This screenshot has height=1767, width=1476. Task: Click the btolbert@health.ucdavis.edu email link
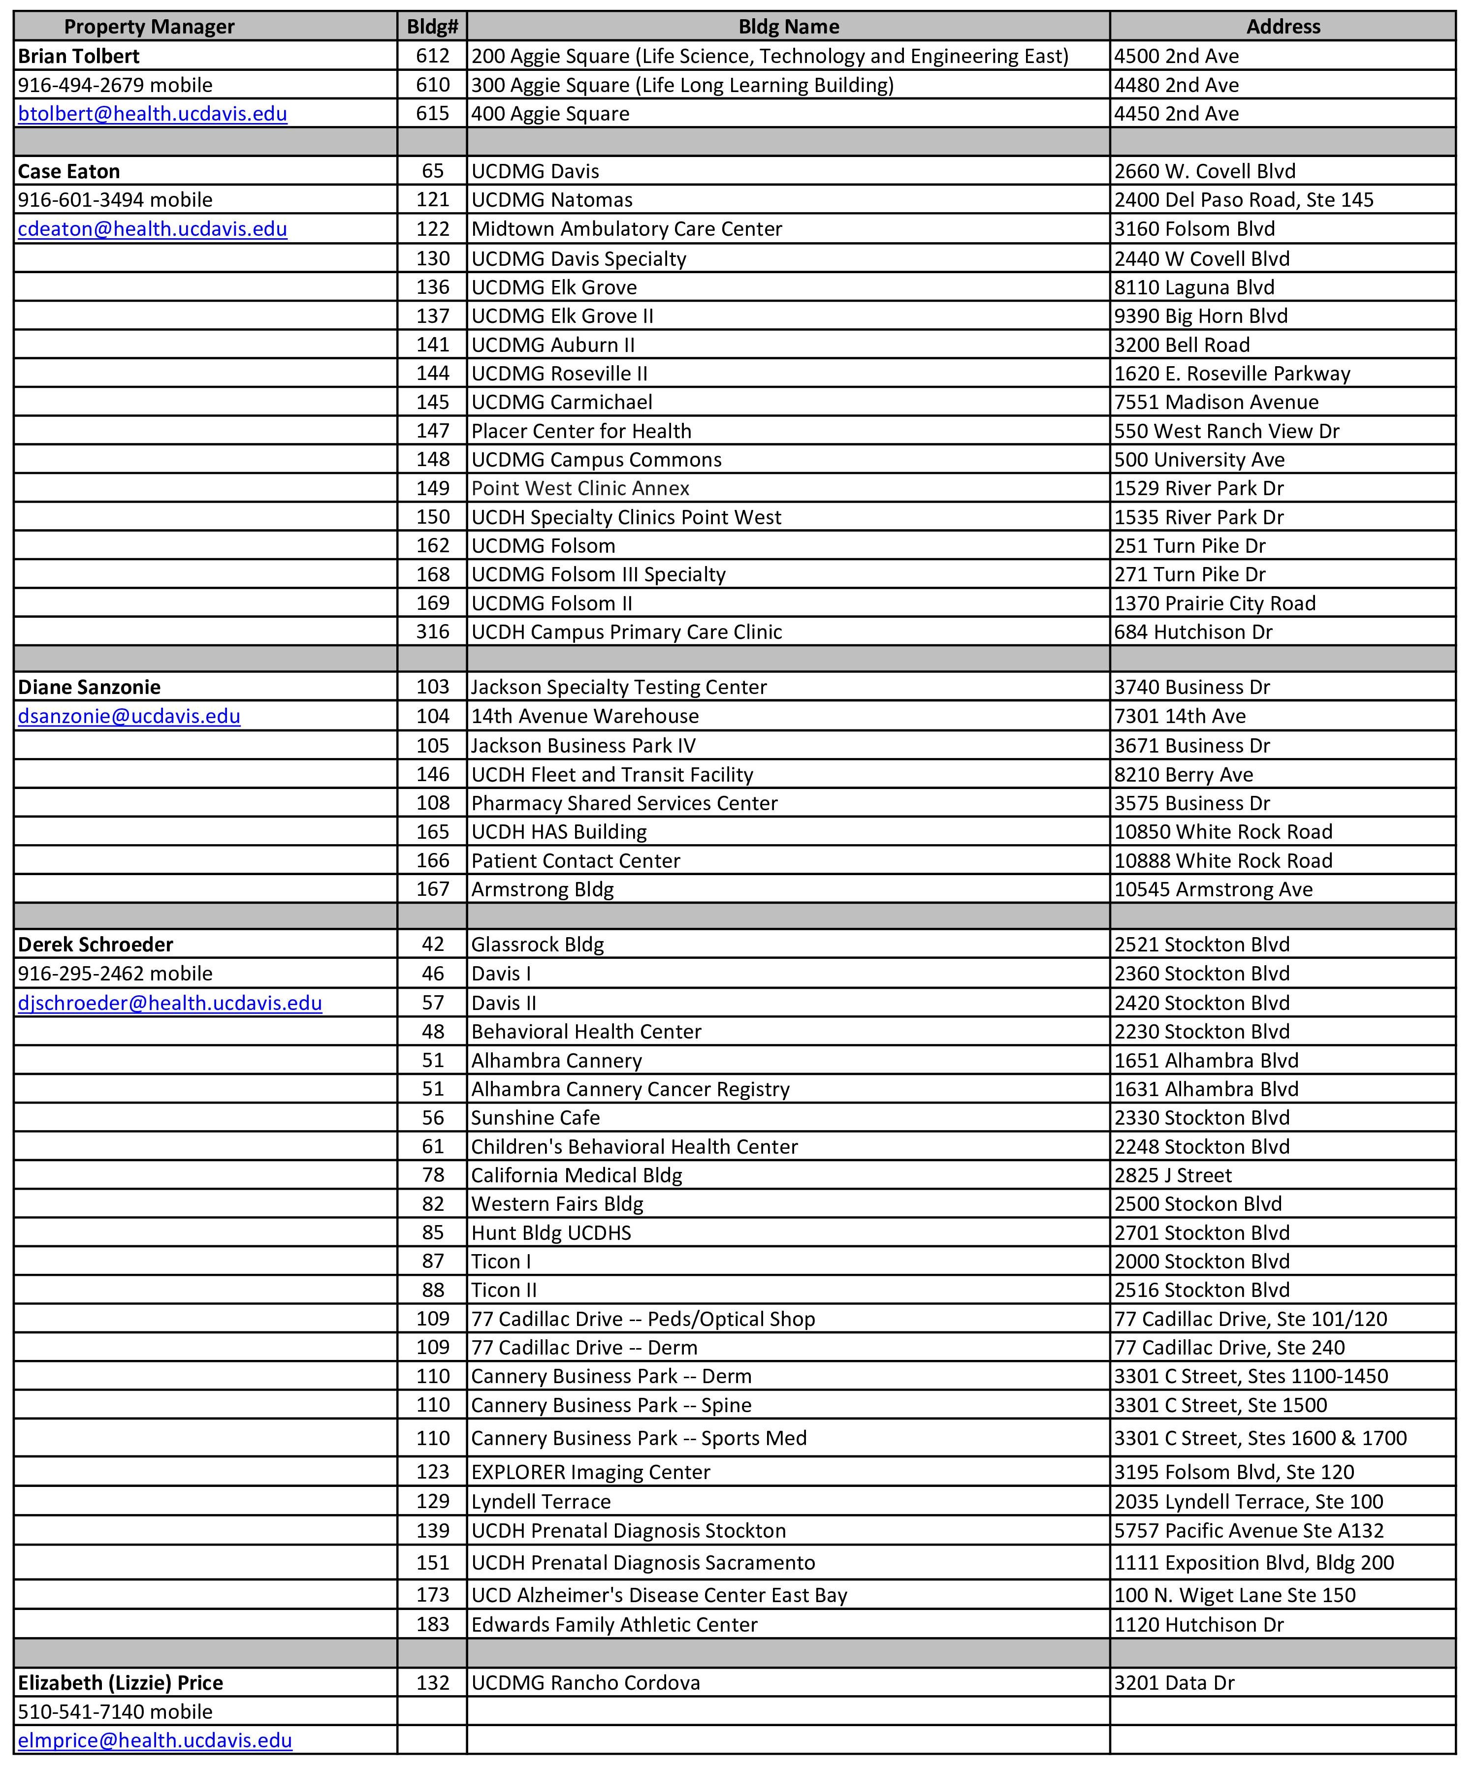(x=152, y=114)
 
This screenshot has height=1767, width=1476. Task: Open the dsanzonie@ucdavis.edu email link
(x=129, y=716)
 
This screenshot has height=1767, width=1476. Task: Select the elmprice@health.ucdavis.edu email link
(x=155, y=1740)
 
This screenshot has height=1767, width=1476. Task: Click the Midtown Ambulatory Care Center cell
(x=627, y=229)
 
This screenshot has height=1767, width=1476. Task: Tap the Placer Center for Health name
(x=581, y=431)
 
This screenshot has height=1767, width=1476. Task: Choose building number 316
(x=433, y=632)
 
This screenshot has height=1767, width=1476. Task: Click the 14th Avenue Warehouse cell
(x=585, y=716)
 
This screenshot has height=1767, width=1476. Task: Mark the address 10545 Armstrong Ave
(x=1214, y=889)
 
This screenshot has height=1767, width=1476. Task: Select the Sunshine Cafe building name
(x=535, y=1117)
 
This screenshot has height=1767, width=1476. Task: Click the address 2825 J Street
(x=1173, y=1175)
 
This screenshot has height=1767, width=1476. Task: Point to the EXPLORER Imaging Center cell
(x=591, y=1472)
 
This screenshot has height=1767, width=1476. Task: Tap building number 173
(x=433, y=1595)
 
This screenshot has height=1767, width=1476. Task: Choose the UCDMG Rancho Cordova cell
(x=586, y=1683)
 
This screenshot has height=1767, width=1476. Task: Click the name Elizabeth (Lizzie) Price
(x=120, y=1683)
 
